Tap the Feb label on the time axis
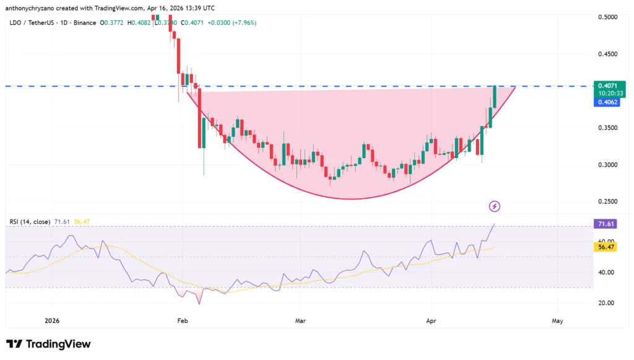[x=182, y=321]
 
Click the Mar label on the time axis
[x=302, y=321]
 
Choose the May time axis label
[x=557, y=321]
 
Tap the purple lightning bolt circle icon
[x=495, y=206]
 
